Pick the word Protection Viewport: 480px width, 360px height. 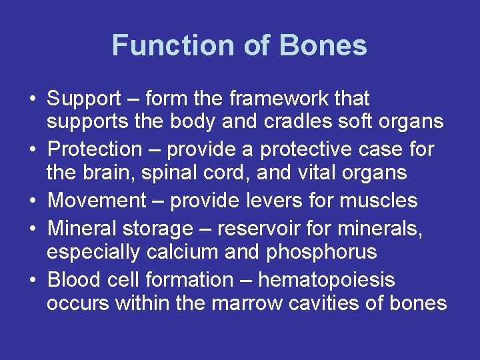[x=95, y=149]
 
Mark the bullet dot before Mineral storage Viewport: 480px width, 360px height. [x=32, y=229]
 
